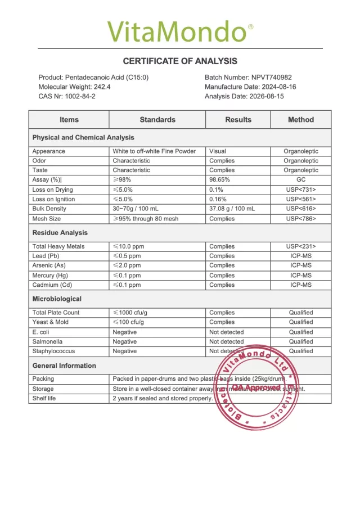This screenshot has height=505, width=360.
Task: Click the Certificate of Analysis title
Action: coord(180,61)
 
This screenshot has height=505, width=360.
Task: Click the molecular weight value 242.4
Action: coord(102,87)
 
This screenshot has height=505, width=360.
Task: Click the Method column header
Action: coord(301,120)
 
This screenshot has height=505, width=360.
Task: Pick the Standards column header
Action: coord(157,120)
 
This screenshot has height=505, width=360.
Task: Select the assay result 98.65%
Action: coord(219,180)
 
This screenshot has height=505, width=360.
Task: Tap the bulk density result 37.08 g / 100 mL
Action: coord(232,209)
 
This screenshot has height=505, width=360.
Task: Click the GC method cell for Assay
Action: coord(301,180)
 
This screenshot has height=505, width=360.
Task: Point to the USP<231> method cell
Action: coord(301,246)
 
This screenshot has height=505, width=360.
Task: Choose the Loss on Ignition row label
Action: coord(53,199)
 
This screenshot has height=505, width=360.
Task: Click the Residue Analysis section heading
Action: coord(60,232)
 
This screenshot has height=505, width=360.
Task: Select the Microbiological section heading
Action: coord(57,299)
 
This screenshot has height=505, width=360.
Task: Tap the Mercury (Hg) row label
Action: coord(51,276)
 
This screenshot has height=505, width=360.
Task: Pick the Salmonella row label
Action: coord(47,341)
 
